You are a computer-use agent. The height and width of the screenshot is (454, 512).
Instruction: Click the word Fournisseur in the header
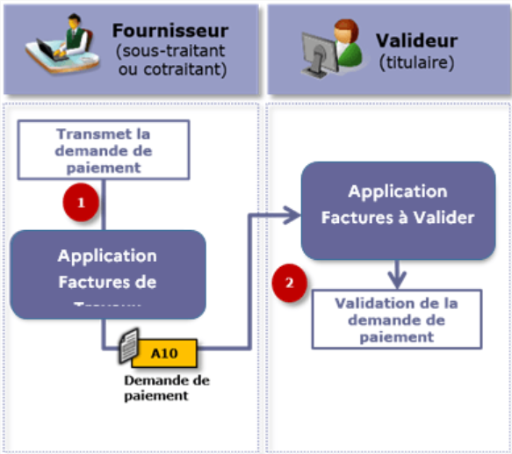(x=169, y=32)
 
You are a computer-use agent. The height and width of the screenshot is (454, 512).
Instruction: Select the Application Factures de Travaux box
(x=107, y=273)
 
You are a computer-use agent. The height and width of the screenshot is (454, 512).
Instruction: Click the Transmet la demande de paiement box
(x=104, y=148)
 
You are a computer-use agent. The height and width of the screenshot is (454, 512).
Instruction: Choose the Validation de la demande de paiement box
(x=396, y=318)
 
